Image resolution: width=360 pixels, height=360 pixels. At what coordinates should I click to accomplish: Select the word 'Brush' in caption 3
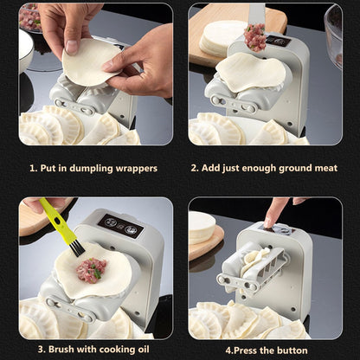55,351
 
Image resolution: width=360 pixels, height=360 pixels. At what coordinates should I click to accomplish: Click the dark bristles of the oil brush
76,247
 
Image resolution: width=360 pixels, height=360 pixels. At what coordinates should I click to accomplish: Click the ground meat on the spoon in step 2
254,36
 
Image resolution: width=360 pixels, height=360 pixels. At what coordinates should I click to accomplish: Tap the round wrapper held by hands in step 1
90,61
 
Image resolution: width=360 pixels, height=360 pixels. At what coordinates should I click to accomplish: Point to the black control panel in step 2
277,41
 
